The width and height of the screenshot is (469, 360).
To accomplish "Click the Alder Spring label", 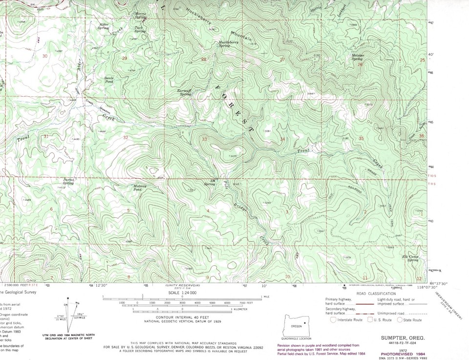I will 104,25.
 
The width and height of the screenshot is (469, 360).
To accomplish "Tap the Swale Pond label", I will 108,80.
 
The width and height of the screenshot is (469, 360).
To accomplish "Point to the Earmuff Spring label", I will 184,92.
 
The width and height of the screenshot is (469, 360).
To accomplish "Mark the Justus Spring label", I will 68,181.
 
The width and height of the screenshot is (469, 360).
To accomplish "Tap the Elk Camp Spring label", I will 410,258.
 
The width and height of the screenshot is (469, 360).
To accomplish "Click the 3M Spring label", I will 209,183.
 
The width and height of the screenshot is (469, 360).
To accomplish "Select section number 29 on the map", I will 124,58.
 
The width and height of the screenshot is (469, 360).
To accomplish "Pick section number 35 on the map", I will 361,139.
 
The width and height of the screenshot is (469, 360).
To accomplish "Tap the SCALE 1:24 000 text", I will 182,292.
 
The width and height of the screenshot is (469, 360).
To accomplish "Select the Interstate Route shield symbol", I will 333,320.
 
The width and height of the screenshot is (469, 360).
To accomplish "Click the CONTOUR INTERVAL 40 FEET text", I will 182,318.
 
